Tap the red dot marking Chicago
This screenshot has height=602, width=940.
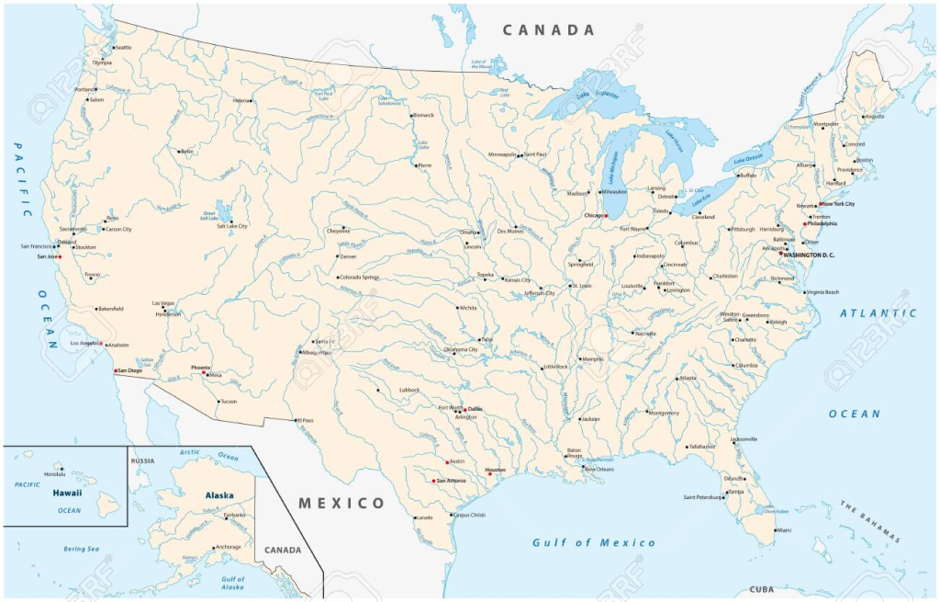point(606,216)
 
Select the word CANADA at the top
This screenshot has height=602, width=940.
point(548,30)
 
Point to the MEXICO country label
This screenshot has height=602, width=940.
point(341,503)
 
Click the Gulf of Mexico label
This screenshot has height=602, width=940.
point(594,542)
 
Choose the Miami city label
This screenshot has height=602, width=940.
point(783,530)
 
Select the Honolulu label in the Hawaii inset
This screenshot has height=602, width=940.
point(55,473)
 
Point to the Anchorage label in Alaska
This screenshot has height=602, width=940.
point(228,547)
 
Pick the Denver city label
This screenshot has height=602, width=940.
point(349,256)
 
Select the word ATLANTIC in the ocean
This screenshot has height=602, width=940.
point(878,313)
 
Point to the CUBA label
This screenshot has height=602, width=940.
point(761,589)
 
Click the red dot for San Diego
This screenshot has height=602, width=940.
point(115,370)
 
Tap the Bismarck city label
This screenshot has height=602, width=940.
point(423,115)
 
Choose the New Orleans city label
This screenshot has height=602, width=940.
point(599,469)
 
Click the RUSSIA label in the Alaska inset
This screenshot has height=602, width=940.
point(142,460)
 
